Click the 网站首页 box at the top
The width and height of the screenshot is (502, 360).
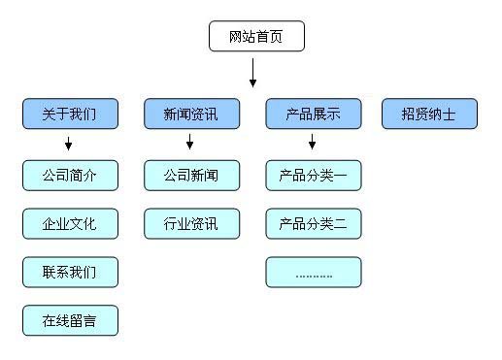(x=257, y=37)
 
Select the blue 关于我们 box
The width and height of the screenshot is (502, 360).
(x=70, y=114)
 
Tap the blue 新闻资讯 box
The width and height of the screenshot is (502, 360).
(x=190, y=114)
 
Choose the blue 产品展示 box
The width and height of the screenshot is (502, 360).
(x=313, y=114)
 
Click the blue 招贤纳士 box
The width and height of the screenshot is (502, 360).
(x=429, y=114)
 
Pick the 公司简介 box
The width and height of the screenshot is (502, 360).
(x=70, y=176)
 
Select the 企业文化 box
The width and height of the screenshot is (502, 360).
(x=70, y=224)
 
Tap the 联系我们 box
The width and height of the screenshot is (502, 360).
(x=70, y=272)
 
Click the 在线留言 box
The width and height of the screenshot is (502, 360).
(x=70, y=320)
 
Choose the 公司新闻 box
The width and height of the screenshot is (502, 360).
(x=190, y=176)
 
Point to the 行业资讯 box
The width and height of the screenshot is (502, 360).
(x=190, y=224)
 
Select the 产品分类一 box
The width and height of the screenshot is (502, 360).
(x=313, y=176)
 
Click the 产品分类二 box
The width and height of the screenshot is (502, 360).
(x=313, y=224)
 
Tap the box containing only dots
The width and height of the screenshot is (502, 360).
(x=313, y=272)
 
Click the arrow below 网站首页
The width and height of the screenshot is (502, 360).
(x=252, y=73)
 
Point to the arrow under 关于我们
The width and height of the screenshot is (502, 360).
(x=69, y=144)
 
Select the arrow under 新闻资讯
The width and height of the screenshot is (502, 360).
(x=189, y=144)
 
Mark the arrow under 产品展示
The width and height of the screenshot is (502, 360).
(x=312, y=144)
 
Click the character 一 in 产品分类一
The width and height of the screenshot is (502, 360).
(x=341, y=176)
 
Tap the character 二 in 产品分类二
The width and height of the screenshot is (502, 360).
(x=341, y=224)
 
